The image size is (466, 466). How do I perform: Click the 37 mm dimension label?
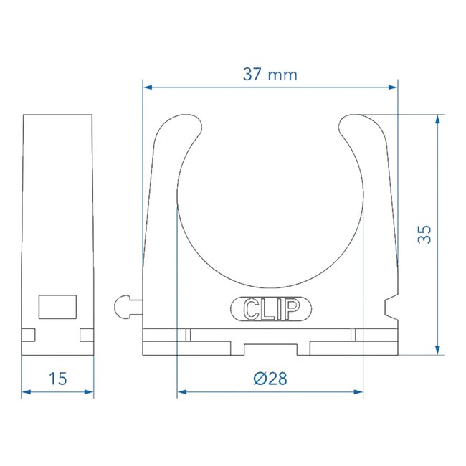(270, 74)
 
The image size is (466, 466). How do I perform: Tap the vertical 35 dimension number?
(425, 234)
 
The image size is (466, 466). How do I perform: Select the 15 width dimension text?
(58, 379)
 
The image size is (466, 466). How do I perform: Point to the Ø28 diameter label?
(270, 379)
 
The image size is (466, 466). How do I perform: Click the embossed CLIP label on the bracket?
(271, 309)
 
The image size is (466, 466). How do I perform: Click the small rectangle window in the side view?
(58, 305)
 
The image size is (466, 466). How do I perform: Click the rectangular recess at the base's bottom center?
(270, 348)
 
